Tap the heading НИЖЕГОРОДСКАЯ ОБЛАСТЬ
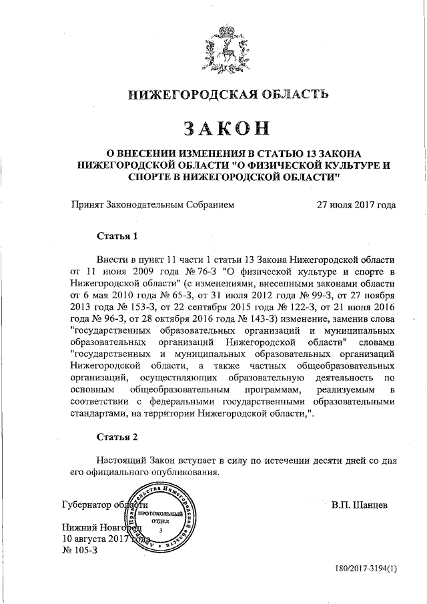click(220, 94)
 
